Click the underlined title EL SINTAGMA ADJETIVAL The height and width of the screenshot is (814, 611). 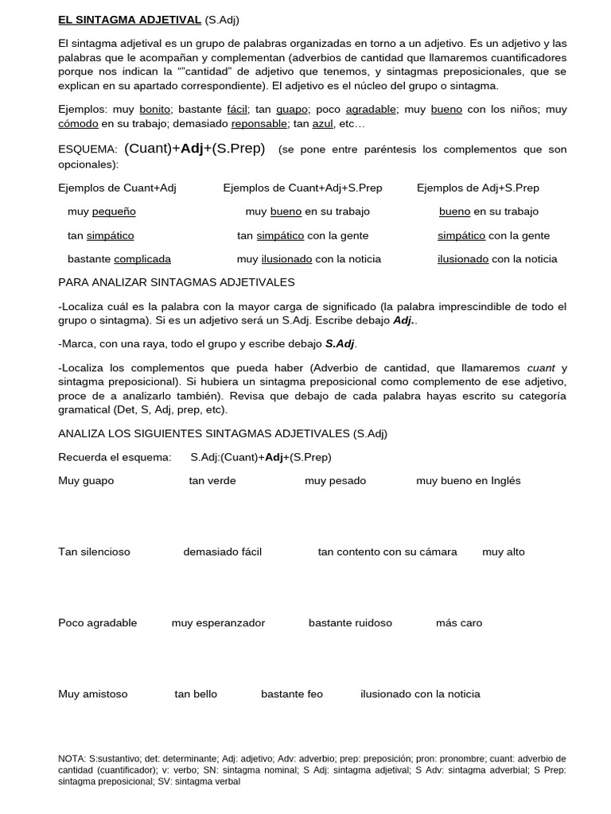(130, 19)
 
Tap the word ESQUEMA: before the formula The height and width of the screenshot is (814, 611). (88, 149)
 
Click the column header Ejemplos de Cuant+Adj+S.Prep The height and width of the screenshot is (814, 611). (302, 188)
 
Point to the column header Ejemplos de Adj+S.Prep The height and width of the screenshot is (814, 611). (477, 188)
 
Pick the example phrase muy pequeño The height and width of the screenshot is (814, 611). (102, 211)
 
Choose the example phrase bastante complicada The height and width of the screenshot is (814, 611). (119, 258)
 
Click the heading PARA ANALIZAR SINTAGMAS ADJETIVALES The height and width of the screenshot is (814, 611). (177, 282)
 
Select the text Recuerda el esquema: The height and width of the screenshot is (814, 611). (115, 457)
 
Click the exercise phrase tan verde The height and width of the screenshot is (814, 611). (212, 480)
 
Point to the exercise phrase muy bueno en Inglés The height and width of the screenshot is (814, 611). (468, 480)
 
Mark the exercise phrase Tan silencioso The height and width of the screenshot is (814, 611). (94, 552)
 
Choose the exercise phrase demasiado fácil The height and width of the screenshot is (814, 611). (222, 552)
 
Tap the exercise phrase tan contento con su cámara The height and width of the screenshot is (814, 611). (387, 552)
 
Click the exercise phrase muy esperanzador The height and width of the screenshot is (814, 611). (218, 622)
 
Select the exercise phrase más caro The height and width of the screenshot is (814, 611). (459, 622)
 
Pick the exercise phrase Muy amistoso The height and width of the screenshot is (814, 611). (92, 694)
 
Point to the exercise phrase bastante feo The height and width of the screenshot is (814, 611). (292, 694)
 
